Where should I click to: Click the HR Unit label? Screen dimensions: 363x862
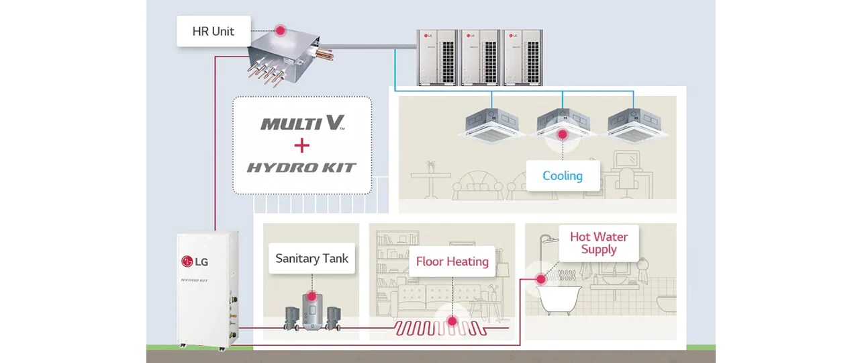tap(213, 32)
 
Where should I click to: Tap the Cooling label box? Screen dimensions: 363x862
tap(563, 175)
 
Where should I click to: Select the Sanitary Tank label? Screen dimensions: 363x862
tap(312, 258)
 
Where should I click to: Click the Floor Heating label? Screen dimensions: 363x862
tap(452, 261)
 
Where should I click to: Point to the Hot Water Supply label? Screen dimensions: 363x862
tap(599, 243)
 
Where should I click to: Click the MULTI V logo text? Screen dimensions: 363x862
tap(302, 123)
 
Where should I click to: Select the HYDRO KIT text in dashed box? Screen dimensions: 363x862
tap(301, 167)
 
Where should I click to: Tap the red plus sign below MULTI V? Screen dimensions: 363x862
tap(301, 145)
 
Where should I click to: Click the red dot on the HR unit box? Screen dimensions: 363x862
tap(279, 31)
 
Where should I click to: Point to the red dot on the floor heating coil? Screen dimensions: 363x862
tap(452, 321)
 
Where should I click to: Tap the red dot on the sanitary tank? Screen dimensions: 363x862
tap(310, 296)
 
